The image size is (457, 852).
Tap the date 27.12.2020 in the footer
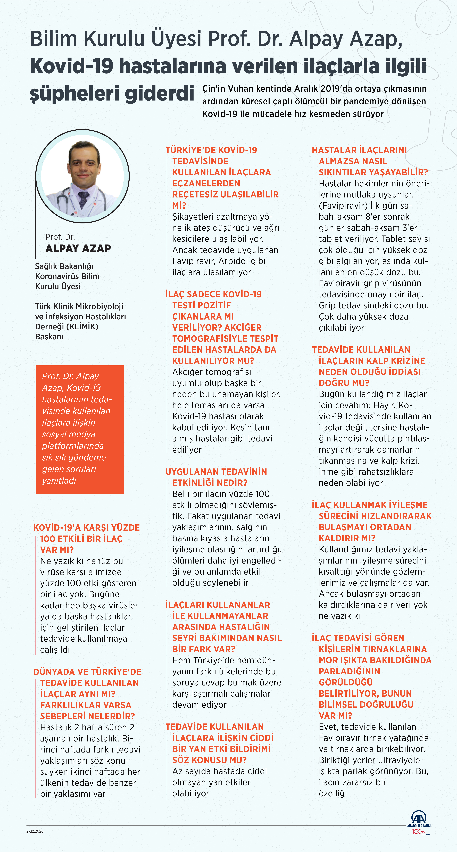tap(35, 831)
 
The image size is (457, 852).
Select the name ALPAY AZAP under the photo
tap(78, 248)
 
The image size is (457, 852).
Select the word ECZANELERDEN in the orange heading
tap(206, 183)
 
